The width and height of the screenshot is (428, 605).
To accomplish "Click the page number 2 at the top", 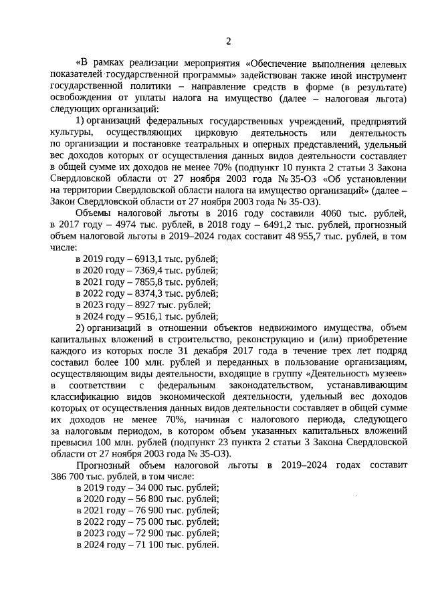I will coord(227,42).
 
